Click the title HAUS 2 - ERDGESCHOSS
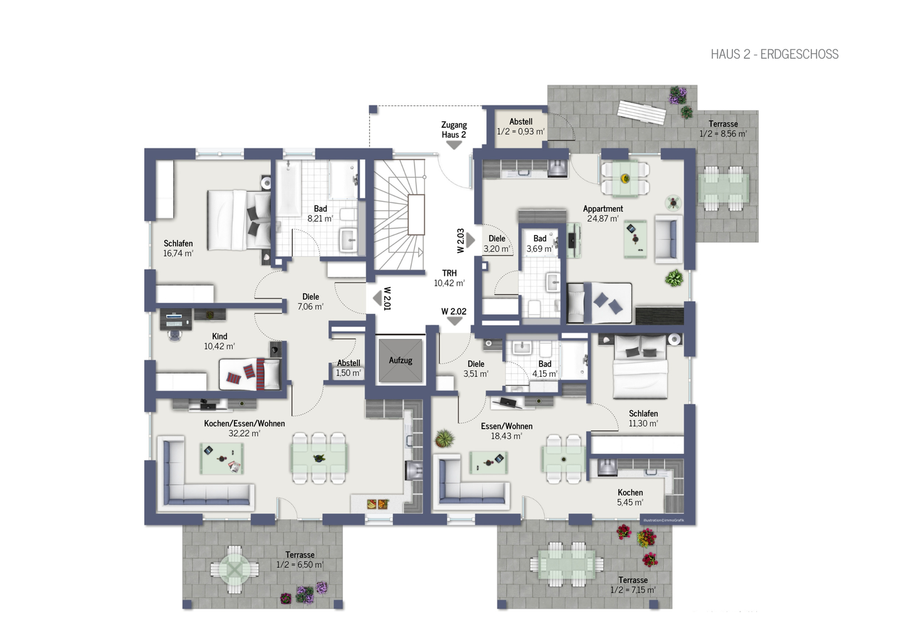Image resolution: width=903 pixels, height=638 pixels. (774, 55)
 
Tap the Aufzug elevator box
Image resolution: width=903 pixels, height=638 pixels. (401, 361)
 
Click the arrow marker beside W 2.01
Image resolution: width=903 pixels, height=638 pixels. (377, 298)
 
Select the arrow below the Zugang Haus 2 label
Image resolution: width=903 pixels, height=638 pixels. (453, 145)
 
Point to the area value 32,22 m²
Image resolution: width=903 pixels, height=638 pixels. (244, 433)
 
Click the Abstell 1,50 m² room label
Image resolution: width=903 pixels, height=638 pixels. (348, 368)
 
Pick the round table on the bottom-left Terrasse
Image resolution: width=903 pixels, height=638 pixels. (235, 569)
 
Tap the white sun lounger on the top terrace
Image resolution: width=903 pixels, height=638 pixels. (641, 113)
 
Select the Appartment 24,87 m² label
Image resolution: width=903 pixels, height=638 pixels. (603, 214)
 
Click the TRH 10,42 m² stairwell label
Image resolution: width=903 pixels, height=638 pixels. (449, 278)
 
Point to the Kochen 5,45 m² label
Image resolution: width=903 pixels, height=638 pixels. (630, 498)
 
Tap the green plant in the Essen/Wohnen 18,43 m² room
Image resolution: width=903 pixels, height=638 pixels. (444, 438)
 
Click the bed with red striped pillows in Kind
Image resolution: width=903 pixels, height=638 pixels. (250, 374)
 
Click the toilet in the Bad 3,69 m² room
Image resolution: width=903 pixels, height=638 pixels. (535, 308)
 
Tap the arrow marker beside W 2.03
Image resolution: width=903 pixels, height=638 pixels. (470, 239)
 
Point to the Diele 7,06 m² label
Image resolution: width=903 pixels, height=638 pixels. (310, 301)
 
